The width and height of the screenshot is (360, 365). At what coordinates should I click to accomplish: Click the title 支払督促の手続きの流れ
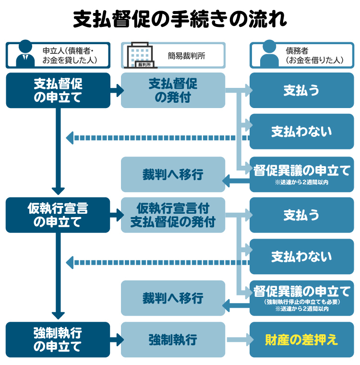click(180, 19)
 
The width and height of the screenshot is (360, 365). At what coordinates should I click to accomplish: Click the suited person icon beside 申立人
click(25, 55)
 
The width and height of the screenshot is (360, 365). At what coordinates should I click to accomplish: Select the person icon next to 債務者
click(269, 54)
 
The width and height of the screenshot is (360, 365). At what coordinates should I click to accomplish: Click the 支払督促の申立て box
click(58, 90)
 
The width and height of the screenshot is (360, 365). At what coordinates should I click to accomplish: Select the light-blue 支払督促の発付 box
click(173, 90)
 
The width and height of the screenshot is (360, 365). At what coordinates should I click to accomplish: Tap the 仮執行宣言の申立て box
click(58, 215)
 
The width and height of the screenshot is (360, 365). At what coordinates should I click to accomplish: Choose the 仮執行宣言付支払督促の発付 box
click(173, 215)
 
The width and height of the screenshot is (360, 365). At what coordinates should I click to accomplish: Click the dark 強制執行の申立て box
click(58, 339)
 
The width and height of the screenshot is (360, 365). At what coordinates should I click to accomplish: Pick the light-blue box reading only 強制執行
click(173, 340)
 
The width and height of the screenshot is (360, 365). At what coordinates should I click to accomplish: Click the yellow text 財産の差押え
click(301, 340)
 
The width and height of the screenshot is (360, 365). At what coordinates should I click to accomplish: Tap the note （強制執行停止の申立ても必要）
click(301, 302)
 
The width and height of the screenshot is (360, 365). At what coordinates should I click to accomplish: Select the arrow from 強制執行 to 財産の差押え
click(237, 340)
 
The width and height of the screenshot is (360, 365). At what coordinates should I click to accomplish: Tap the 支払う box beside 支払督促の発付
click(301, 90)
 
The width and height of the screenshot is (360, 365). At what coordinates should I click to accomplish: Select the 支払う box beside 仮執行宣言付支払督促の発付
click(301, 215)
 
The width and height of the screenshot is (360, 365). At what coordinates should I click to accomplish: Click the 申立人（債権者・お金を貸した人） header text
click(70, 55)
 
